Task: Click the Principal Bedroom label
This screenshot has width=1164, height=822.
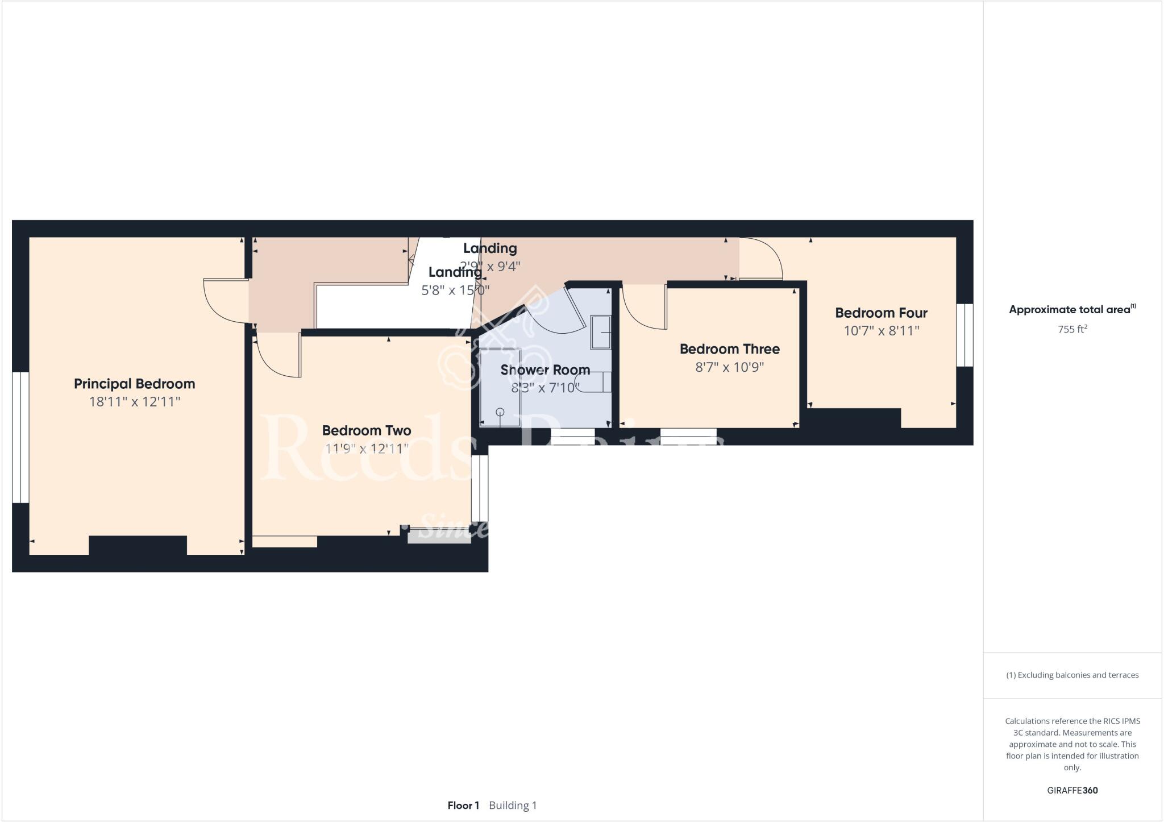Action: tap(134, 384)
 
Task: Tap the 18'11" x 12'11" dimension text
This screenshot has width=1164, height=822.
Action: tap(134, 402)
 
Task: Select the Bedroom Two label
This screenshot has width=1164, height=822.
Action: tap(366, 430)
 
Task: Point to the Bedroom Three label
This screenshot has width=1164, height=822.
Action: tap(729, 348)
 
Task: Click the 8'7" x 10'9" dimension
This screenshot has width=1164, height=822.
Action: tap(729, 367)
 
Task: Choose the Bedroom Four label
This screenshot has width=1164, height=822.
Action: tap(881, 313)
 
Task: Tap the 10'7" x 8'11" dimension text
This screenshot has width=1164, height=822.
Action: tap(881, 330)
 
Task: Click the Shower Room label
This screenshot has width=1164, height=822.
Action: tap(544, 370)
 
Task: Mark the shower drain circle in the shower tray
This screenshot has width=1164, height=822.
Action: tap(500, 412)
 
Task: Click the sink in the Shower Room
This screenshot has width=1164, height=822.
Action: tap(601, 332)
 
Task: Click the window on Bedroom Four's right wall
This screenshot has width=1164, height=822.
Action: tap(965, 335)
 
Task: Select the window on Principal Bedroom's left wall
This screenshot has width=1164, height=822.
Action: tap(20, 437)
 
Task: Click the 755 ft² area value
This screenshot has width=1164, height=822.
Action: tap(1072, 329)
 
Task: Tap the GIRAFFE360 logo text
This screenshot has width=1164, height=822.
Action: tap(1072, 790)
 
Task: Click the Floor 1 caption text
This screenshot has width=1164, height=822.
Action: tap(463, 806)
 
